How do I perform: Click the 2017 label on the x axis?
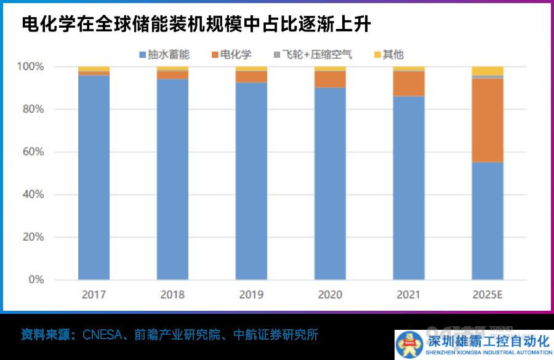[94, 295]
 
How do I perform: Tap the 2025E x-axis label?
[488, 295]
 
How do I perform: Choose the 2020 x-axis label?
[330, 295]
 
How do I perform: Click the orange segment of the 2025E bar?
[488, 120]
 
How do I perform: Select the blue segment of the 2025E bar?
[488, 222]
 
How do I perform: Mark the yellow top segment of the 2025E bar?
[488, 71]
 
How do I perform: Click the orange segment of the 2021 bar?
[409, 84]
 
